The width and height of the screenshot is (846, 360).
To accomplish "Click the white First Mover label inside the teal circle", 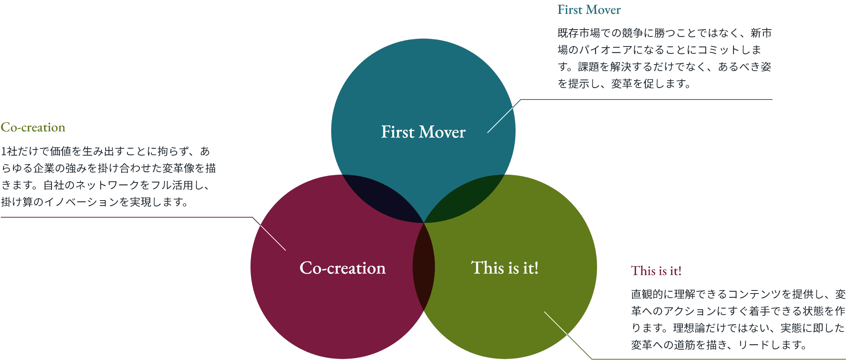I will [423, 132].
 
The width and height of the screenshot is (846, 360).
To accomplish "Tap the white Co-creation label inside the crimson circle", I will [342, 268].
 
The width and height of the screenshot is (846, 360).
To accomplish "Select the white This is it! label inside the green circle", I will [504, 268].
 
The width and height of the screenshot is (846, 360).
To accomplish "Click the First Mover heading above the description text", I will [589, 10].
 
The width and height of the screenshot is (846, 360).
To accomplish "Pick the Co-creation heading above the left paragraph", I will [33, 127].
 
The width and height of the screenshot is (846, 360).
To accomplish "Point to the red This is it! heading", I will [656, 271].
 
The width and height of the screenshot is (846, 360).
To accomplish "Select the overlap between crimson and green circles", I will [424, 266].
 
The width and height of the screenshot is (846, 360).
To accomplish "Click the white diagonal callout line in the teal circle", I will [500, 120].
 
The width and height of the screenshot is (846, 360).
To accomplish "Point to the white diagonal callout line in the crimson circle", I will [272, 237].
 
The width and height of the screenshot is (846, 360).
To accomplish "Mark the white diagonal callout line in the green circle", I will [556, 323].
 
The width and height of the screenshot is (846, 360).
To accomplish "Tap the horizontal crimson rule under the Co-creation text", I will [127, 217].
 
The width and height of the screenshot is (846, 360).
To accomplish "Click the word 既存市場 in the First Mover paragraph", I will [579, 33].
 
